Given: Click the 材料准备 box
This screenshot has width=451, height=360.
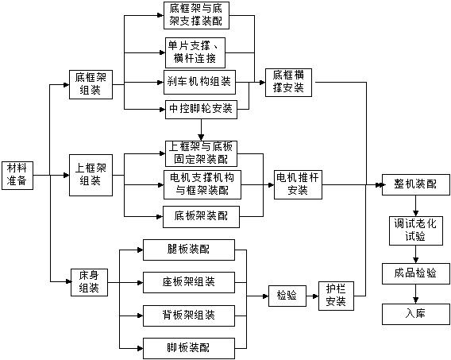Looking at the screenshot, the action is pos(17,176).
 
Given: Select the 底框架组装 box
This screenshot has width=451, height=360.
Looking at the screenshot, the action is pos(91,84).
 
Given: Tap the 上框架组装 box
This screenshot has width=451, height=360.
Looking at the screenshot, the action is pos(91,175).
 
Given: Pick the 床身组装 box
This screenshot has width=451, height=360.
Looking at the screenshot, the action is pos(90,282).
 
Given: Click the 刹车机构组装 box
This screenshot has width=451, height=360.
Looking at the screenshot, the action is pos(199,83).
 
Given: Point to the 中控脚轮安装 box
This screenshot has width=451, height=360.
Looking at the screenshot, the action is pos(201,110).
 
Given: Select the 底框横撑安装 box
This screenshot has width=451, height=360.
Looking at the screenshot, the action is pos(288,83).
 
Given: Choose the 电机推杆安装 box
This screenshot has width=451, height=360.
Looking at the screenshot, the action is pos(298,184).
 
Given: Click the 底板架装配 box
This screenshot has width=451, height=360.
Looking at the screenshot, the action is pos(202,217).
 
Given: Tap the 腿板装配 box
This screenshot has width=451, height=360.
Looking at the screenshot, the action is pos(189,250).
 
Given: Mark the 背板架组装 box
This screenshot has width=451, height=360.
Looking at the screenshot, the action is pos(189,315).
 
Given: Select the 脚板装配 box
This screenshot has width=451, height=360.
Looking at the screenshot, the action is pos(189,349).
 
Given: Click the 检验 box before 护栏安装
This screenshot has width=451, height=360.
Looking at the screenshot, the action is pos(287,296).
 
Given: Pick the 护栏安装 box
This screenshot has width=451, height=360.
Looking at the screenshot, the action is pos(336,296).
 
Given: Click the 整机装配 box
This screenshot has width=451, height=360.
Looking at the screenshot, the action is pos(416,184).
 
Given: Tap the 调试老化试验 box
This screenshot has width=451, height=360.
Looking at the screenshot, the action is pos(416,230).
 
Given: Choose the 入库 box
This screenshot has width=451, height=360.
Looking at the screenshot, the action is pos(416,314).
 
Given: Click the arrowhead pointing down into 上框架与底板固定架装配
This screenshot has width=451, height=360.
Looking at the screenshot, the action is pos(201,137).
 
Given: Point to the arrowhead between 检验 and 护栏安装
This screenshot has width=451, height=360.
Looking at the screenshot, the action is pos(315,296).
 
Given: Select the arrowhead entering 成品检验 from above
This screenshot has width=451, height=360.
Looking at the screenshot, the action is pos(415,259).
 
